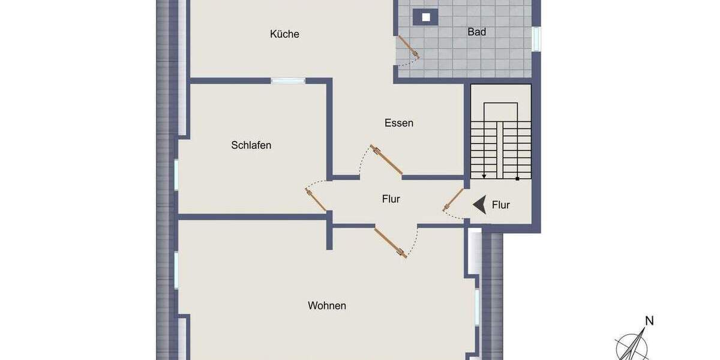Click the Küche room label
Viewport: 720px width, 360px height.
click(x=284, y=34)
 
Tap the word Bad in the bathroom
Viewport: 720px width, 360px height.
click(x=477, y=32)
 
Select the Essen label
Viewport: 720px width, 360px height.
click(x=399, y=123)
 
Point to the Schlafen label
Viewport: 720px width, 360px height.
click(x=251, y=145)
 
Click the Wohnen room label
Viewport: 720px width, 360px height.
click(x=327, y=306)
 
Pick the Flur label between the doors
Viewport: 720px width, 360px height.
click(x=391, y=199)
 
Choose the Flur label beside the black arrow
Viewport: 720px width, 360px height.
click(x=501, y=205)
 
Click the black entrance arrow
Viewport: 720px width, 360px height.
click(x=479, y=205)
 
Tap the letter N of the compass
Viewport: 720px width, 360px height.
click(x=649, y=321)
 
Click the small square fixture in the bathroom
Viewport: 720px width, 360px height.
click(x=426, y=17)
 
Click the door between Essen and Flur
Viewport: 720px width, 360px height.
click(x=386, y=160)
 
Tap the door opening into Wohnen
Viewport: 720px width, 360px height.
click(x=391, y=242)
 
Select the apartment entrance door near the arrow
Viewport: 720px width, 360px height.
click(x=454, y=200)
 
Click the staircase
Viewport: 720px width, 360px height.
click(x=500, y=142)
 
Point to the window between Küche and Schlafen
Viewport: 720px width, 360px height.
click(x=288, y=80)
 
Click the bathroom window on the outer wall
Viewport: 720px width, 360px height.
click(x=536, y=38)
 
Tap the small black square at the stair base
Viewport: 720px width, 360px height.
click(x=517, y=178)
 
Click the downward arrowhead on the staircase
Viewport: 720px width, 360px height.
click(x=484, y=176)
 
